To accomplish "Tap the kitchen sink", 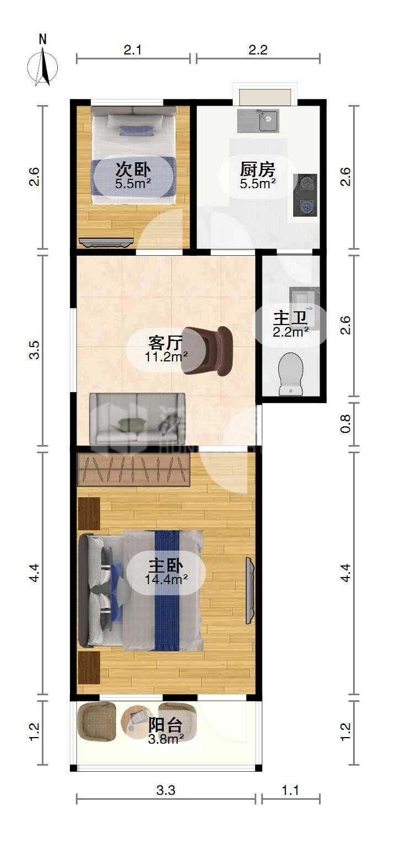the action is point(258,120).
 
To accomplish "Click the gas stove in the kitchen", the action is point(305,195).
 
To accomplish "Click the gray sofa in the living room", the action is point(137,419).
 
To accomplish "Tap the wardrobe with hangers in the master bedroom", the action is point(134,469).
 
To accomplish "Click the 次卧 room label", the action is point(133,169).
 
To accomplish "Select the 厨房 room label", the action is point(257,169).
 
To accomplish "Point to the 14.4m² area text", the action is point(166,579).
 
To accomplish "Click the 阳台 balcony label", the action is point(166,725).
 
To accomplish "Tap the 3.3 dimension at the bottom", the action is point(166,790).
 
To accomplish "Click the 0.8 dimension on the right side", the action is point(345,424).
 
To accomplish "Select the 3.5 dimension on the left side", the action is point(35,350).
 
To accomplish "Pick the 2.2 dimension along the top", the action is point(258,50).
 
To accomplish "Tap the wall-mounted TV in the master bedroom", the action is point(250,591).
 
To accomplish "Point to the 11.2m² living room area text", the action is point(166,357).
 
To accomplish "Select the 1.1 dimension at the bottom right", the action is point(290,790).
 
